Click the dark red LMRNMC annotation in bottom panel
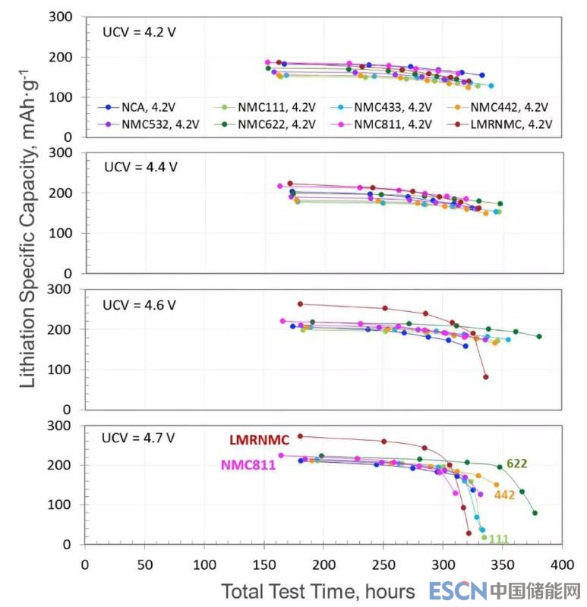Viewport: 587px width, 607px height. pos(260,440)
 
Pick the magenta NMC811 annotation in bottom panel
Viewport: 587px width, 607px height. pos(248,465)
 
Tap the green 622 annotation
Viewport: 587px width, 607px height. pos(517,464)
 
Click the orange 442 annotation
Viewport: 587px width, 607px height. pos(505,495)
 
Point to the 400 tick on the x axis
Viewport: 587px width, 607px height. pos(562,565)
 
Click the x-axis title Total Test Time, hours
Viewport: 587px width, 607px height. pos(318,591)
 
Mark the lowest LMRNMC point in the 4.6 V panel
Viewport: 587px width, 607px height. pos(486,377)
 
